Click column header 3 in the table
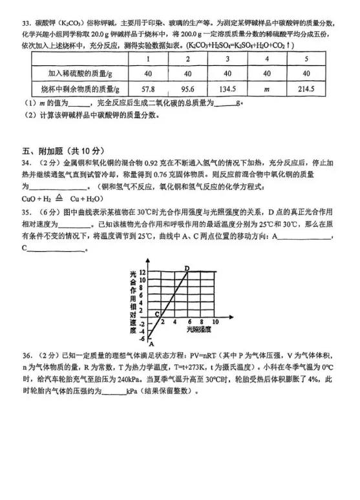pos(228,59)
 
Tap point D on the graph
pos(187,267)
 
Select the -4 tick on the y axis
pos(142,329)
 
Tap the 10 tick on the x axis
pos(214,321)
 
